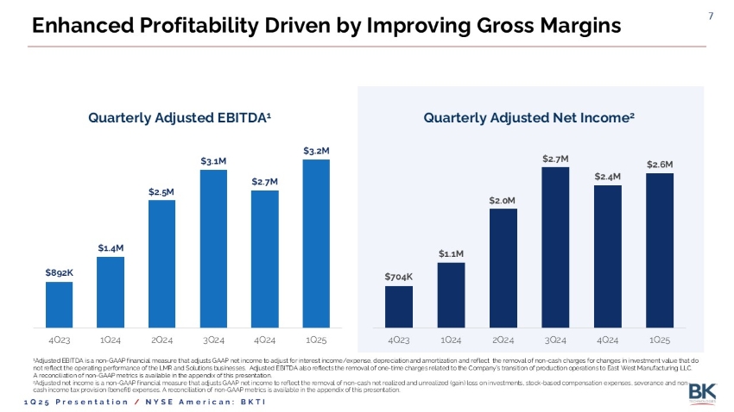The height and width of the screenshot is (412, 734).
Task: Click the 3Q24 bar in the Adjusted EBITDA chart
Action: [x=213, y=248]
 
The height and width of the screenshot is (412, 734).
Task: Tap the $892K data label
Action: [x=59, y=272]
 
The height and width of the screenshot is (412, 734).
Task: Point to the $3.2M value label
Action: [x=317, y=150]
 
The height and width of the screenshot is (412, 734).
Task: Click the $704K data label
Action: [x=399, y=277]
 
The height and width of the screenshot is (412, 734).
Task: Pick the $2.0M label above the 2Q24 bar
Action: [x=503, y=200]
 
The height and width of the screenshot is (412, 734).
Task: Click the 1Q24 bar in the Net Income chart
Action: [x=451, y=295]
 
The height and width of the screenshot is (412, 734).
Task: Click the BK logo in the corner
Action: [x=702, y=393]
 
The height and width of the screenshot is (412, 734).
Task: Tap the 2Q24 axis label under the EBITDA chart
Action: [x=161, y=340]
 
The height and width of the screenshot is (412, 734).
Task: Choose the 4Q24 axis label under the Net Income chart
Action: [x=608, y=340]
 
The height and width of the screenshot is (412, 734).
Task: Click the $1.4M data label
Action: [x=111, y=247]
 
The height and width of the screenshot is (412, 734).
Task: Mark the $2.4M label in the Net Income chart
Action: [x=608, y=176]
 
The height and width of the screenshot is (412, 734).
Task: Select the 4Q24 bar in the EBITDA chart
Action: [x=265, y=259]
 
